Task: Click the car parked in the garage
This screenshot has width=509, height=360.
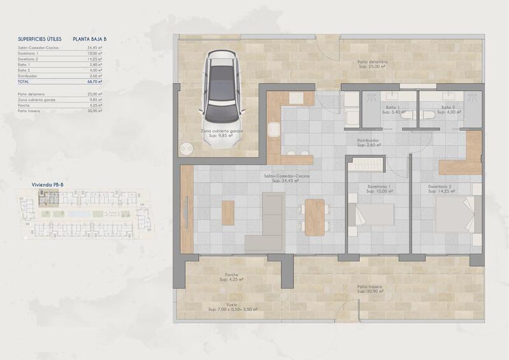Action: [x=222, y=92]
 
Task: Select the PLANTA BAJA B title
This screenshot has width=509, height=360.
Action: [x=90, y=40]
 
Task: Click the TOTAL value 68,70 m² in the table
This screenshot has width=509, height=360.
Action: [x=95, y=82]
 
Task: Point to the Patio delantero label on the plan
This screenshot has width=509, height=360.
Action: [x=373, y=62]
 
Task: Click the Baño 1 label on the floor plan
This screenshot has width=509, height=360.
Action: [x=391, y=108]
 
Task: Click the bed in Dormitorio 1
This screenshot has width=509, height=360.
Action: [x=373, y=215]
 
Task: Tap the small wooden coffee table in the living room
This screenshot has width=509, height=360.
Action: [x=228, y=213]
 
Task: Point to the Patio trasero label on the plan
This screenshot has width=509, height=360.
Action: [x=369, y=287]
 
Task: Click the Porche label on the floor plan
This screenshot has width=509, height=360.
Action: [x=232, y=276]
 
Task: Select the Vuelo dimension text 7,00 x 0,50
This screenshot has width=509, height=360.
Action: [x=233, y=309]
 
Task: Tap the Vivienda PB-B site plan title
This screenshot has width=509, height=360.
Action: [x=47, y=185]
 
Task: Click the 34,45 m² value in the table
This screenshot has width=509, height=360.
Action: [x=95, y=48]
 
